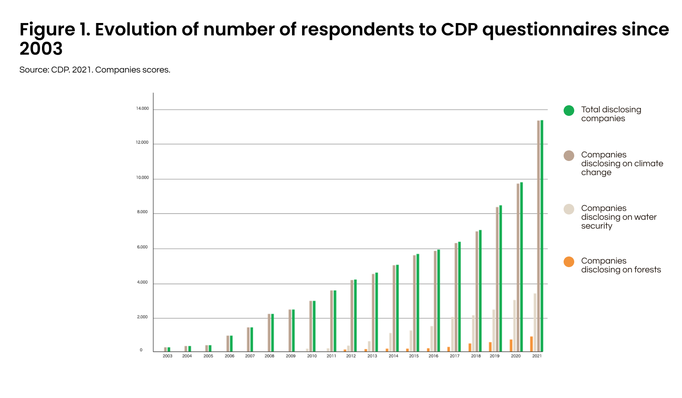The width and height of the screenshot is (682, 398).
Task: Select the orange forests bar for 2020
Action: (x=511, y=345)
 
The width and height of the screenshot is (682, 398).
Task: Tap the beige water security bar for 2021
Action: (x=535, y=322)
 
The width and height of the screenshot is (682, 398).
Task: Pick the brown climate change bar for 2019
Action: (x=497, y=279)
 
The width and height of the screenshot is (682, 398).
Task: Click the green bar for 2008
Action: (x=273, y=333)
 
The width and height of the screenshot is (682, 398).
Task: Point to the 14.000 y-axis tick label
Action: (x=142, y=108)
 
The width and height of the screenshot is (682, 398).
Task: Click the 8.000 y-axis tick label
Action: (x=142, y=212)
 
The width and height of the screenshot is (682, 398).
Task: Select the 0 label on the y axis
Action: (x=141, y=350)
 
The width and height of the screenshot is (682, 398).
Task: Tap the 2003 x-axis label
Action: (x=167, y=356)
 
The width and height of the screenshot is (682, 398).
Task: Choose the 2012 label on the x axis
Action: (x=351, y=356)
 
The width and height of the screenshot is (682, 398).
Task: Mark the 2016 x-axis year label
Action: (x=433, y=356)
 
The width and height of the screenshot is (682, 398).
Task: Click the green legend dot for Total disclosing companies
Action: (x=569, y=111)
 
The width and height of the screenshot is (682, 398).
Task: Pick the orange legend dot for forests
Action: (x=569, y=262)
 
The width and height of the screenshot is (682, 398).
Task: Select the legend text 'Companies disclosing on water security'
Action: (x=618, y=217)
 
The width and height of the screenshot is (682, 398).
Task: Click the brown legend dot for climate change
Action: (x=569, y=156)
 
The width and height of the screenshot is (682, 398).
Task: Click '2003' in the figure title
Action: (x=41, y=49)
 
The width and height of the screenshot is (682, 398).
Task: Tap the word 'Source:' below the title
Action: (x=34, y=70)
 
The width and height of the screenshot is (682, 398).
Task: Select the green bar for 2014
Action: (x=398, y=308)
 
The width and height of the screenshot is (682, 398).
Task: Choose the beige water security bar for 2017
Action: (x=452, y=334)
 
